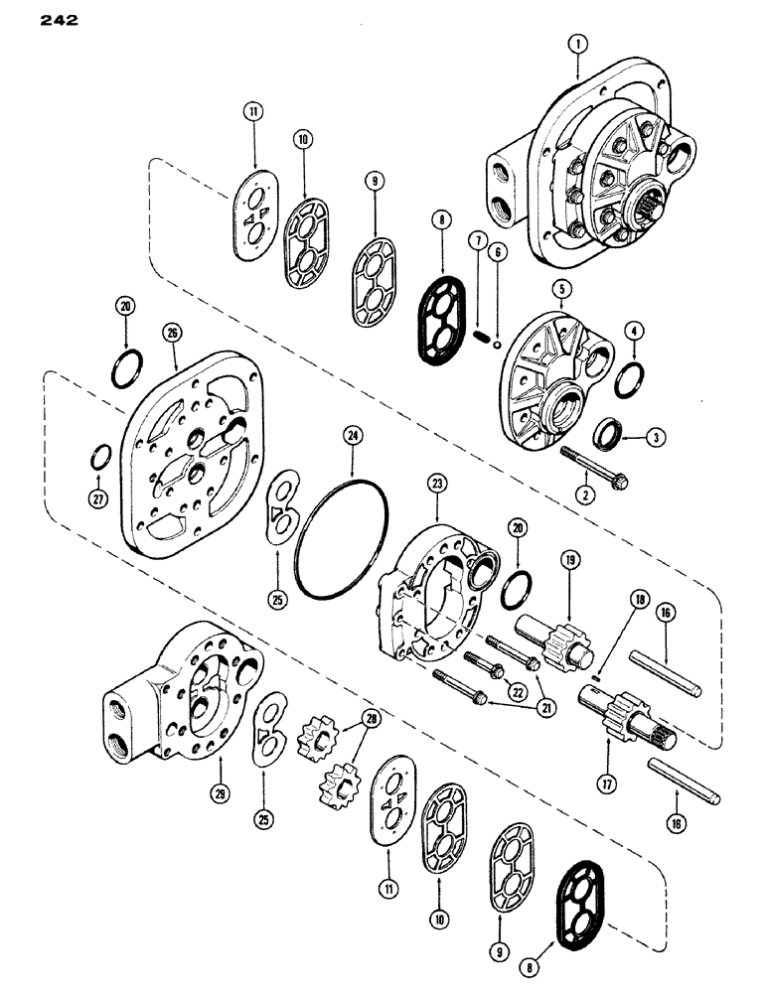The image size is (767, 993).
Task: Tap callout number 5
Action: pos(562,289)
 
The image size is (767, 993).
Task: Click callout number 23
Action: pos(435,484)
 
